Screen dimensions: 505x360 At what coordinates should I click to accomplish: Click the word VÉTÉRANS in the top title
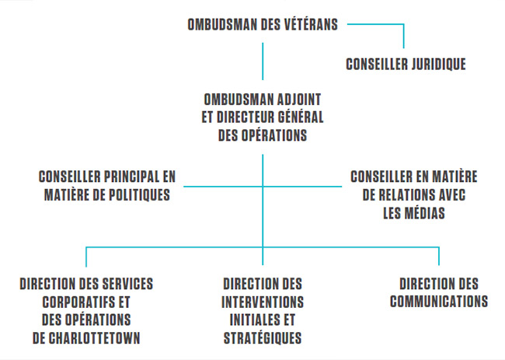311,25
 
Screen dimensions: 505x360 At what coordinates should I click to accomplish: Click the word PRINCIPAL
131,177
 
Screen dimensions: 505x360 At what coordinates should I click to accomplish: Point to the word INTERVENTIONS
263,302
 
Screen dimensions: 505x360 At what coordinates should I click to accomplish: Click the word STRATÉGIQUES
263,338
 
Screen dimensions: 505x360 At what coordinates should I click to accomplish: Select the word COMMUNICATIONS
439,302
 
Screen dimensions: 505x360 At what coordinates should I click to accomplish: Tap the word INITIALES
252,320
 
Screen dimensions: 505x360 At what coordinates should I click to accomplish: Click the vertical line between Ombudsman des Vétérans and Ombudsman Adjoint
263,61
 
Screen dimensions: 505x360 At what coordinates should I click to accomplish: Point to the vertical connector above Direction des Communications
439,257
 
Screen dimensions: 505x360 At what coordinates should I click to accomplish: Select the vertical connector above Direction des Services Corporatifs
86,257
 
